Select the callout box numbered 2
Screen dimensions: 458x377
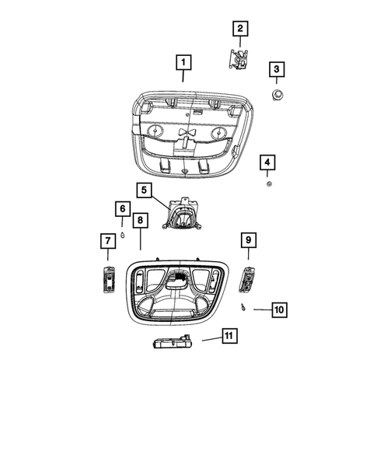pos(239,30)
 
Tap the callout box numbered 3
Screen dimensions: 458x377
pos(276,70)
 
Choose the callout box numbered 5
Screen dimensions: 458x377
pos(143,190)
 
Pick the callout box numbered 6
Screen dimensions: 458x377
pos(122,208)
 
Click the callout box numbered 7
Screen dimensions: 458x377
pos(106,242)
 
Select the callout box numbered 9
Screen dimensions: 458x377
pos(249,239)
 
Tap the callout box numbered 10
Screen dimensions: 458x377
pos(279,309)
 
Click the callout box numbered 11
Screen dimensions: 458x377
pos(229,336)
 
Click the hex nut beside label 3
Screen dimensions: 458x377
pos(276,95)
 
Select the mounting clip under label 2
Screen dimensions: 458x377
pos(238,60)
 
